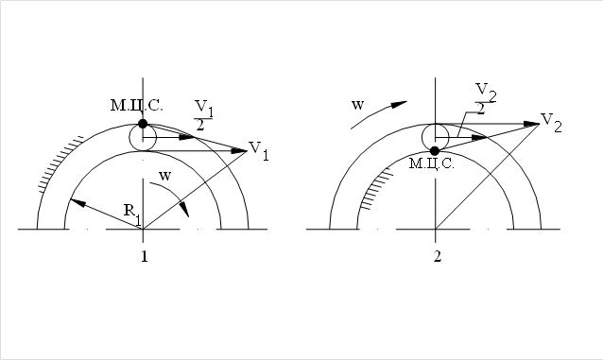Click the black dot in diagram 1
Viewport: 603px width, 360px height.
[x=143, y=124]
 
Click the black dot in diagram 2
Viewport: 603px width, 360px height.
[x=435, y=151]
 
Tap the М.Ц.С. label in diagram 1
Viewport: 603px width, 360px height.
[x=136, y=106]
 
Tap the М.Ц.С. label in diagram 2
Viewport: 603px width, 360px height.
[x=432, y=163]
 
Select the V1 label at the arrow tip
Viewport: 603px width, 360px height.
[x=259, y=150]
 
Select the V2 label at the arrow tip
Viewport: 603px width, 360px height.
[x=551, y=123]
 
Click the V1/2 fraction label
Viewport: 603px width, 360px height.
[x=203, y=115]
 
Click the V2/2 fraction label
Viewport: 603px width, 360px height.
[x=486, y=99]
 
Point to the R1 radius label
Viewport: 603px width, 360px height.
[x=132, y=214]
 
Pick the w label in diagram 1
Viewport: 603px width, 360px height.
[x=164, y=176]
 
